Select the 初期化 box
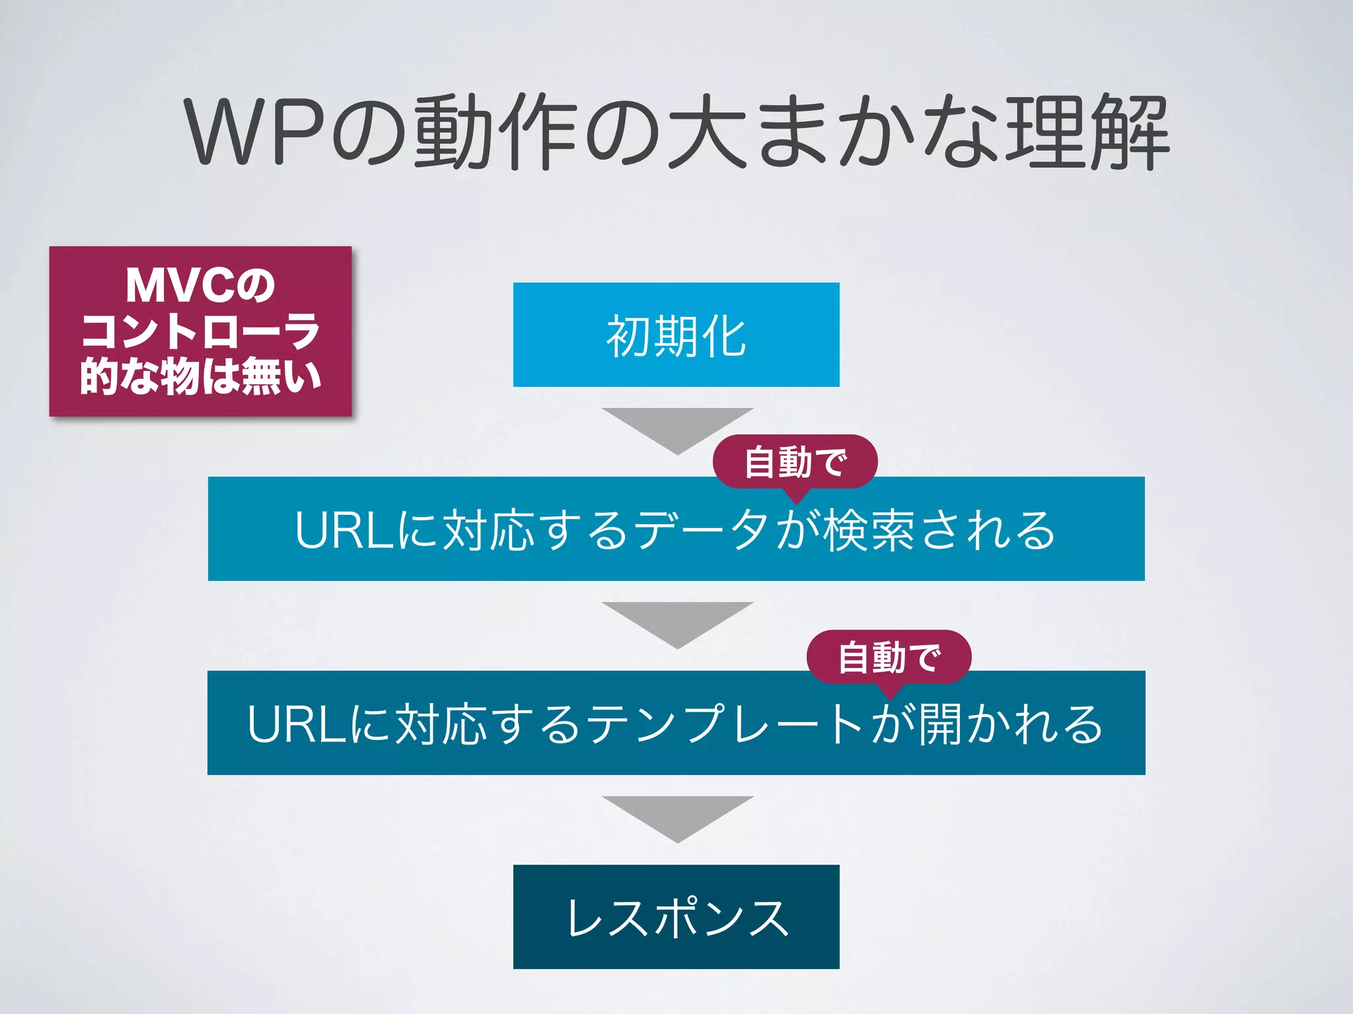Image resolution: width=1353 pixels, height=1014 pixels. tap(676, 335)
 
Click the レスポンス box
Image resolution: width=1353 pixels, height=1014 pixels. tap(676, 917)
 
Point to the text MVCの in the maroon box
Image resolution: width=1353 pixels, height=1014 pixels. tap(200, 286)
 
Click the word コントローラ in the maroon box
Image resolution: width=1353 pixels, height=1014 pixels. tap(200, 331)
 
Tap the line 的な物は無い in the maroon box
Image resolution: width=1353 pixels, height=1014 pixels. tap(200, 376)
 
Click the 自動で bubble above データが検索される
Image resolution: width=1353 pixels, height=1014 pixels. tap(795, 461)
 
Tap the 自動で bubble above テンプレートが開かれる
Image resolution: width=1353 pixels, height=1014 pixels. tap(889, 657)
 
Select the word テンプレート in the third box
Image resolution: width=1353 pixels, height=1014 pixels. tap(723, 724)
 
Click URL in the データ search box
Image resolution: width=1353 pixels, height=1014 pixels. tap(345, 530)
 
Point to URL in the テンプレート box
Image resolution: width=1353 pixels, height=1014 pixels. tap(297, 724)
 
